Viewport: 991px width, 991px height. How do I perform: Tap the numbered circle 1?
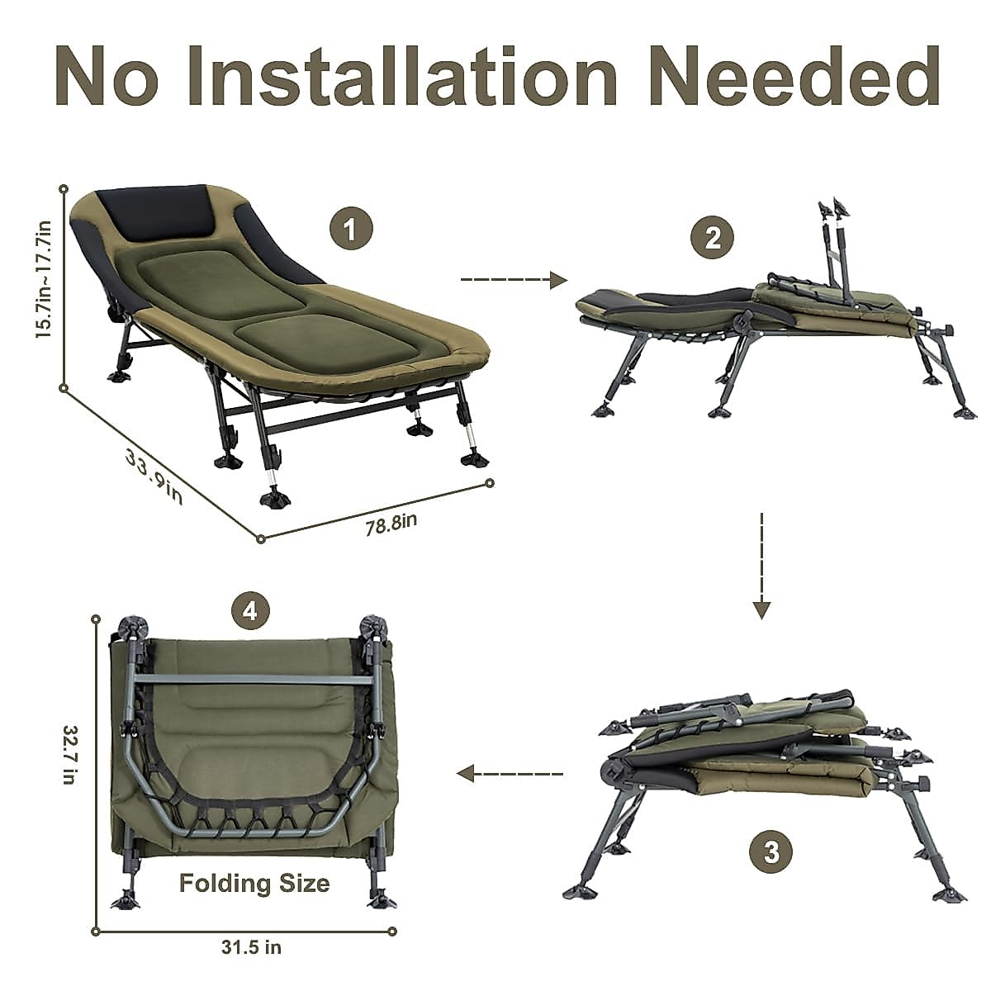tap(351, 229)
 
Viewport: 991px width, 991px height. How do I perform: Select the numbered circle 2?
tap(712, 239)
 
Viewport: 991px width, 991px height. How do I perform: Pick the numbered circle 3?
tap(771, 851)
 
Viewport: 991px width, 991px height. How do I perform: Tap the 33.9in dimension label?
tap(154, 477)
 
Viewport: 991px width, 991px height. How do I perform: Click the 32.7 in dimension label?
tap(69, 755)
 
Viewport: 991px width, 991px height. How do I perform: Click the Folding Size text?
tap(254, 883)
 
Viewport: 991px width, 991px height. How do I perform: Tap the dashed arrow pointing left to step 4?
tap(510, 774)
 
